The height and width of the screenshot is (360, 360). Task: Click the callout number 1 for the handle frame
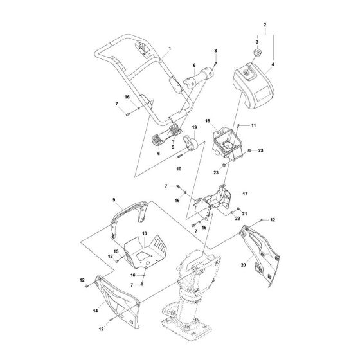(x=170, y=50)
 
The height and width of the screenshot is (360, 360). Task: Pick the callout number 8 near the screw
(x=216, y=50)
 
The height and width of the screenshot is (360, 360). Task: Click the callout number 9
(x=114, y=200)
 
